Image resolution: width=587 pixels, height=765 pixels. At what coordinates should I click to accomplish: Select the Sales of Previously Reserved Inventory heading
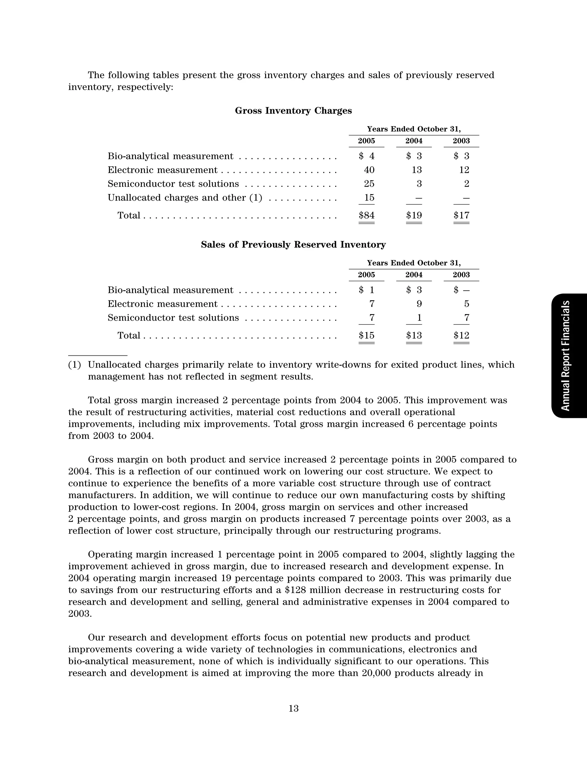293,244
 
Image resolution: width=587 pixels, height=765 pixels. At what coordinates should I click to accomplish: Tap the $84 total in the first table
367,215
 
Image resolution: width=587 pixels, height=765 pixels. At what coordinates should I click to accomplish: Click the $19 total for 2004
414,215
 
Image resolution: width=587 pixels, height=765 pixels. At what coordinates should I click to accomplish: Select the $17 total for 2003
461,215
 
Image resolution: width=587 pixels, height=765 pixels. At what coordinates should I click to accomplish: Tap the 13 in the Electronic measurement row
416,170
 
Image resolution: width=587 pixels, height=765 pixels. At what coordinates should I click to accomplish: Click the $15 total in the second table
367,335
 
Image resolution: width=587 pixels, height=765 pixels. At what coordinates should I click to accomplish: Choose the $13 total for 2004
414,335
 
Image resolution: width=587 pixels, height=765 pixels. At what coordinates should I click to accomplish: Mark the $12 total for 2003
461,335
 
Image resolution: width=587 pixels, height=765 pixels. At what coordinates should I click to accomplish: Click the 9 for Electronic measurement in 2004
419,304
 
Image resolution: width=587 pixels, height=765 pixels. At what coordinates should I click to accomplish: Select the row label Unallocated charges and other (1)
185,198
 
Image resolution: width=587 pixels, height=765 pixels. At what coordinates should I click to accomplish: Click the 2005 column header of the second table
366,275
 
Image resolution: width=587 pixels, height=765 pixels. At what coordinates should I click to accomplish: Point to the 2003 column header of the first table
461,141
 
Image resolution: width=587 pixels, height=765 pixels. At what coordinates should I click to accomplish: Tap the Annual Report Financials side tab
566,356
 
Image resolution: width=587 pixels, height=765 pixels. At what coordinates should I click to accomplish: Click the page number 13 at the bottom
293,709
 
